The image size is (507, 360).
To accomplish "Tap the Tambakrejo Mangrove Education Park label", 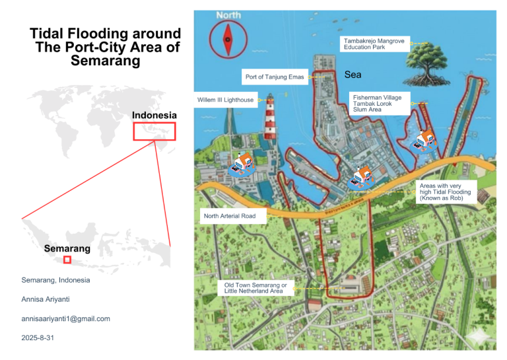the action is pyautogui.click(x=374, y=44).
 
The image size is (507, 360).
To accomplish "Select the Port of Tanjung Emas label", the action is pyautogui.click(x=275, y=77).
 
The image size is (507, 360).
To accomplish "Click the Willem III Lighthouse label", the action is pyautogui.click(x=225, y=100).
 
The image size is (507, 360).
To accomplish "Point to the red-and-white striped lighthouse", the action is pyautogui.click(x=269, y=122).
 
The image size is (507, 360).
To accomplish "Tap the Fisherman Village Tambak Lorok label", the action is pyautogui.click(x=381, y=102).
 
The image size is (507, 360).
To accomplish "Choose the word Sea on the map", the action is pyautogui.click(x=353, y=75).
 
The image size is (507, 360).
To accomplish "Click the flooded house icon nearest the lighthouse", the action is pyautogui.click(x=242, y=164).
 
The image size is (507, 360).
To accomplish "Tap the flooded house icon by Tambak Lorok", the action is pyautogui.click(x=422, y=141).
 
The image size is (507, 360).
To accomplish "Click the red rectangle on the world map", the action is pyautogui.click(x=154, y=131).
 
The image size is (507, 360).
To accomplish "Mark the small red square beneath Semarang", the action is pyautogui.click(x=67, y=260).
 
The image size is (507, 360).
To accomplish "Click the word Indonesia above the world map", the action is pyautogui.click(x=154, y=115).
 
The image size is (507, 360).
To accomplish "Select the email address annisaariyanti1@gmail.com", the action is pyautogui.click(x=66, y=318).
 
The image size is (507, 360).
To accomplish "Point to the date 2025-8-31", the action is pyautogui.click(x=37, y=338).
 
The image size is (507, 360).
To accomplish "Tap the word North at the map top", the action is pyautogui.click(x=228, y=15).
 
